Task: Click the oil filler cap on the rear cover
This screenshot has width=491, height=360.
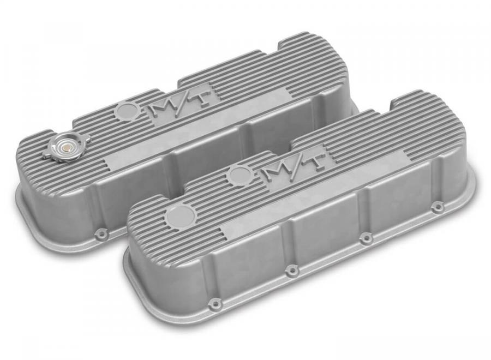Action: (68, 148)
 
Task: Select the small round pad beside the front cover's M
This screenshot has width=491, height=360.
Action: (239, 172)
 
